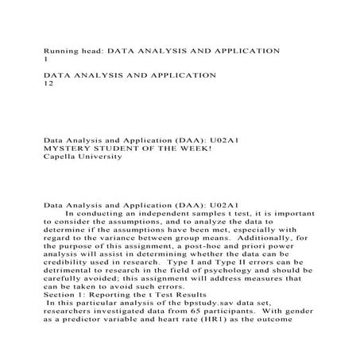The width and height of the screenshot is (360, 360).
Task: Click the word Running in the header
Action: [61, 50]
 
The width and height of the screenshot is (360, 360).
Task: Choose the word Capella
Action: [60, 157]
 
